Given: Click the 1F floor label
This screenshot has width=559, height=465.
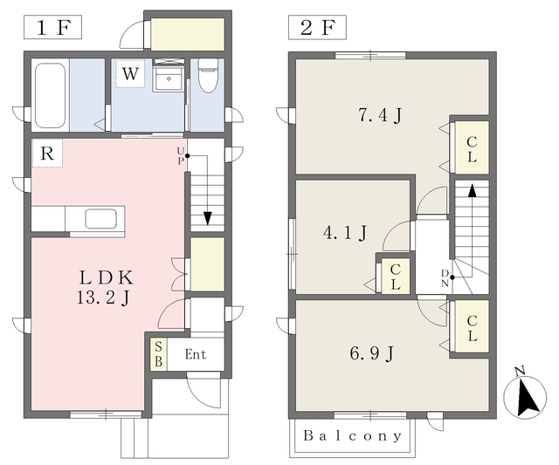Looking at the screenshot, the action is point(52,27).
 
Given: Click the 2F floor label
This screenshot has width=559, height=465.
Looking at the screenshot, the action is point(317,27).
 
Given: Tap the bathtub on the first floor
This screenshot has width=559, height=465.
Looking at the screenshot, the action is point(51,95).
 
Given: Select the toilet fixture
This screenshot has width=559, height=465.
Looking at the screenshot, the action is point(208,75).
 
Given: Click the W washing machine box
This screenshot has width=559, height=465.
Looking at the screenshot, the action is point(130,73).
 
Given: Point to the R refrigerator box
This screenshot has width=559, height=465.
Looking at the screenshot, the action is point(47,153).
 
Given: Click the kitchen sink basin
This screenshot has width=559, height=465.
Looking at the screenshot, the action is point(101,219).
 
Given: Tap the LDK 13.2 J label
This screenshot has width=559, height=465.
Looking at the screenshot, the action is point(105,287).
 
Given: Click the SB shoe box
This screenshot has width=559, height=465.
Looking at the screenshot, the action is point(159,354).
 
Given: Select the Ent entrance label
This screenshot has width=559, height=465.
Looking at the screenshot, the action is point(196,354).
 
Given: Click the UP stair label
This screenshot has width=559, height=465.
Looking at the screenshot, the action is point(181,156).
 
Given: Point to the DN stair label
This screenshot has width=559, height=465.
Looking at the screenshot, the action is point(445,278).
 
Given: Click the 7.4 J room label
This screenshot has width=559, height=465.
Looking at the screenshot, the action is point(380,115).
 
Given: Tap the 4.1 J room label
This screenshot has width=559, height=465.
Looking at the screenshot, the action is point(345,233).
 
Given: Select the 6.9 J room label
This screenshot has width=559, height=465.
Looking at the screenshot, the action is point(372,353).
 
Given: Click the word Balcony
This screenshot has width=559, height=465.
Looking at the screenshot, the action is point(352,436).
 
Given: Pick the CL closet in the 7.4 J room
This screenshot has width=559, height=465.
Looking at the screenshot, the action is point(472,148).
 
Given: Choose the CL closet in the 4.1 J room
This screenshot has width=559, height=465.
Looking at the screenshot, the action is point(395,277).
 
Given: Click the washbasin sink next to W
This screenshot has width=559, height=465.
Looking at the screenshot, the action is point(169,79).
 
